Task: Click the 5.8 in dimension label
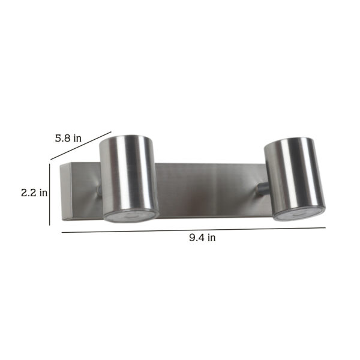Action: pyautogui.click(x=68, y=138)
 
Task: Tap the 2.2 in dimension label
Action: pyautogui.click(x=34, y=193)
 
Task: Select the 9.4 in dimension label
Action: pyautogui.click(x=202, y=238)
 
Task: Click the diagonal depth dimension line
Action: pyautogui.click(x=81, y=146)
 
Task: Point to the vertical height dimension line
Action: pyautogui.click(x=50, y=194)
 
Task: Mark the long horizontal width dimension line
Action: pyautogui.click(x=194, y=230)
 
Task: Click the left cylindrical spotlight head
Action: pyautogui.click(x=129, y=179)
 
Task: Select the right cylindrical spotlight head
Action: pyautogui.click(x=295, y=179)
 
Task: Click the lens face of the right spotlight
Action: pyautogui.click(x=299, y=215)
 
